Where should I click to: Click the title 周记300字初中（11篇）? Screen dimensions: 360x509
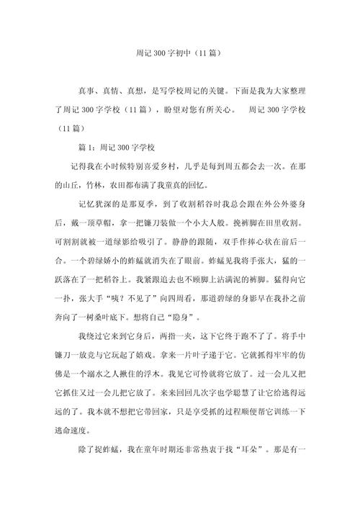click(x=179, y=53)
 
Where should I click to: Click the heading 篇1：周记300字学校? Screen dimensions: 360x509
click(x=117, y=148)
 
